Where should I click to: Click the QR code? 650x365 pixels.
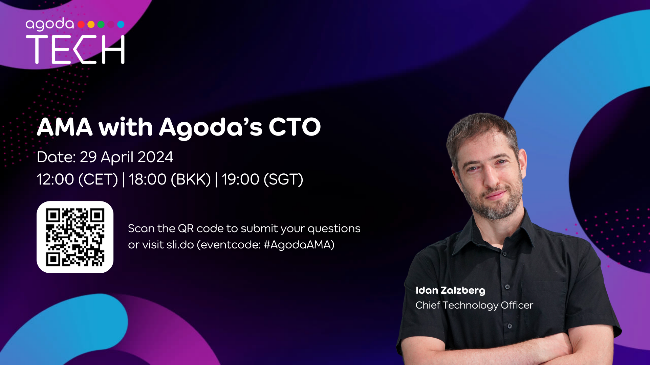click(x=75, y=237)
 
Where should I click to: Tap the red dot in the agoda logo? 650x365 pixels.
click(x=81, y=24)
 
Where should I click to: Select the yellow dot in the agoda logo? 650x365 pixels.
click(x=91, y=24)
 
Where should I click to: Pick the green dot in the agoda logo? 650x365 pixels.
click(x=101, y=24)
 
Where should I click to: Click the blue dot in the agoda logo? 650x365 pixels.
click(x=121, y=24)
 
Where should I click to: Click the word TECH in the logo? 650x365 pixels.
click(x=75, y=50)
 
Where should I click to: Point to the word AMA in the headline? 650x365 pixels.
click(x=65, y=127)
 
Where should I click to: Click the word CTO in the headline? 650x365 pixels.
click(x=295, y=127)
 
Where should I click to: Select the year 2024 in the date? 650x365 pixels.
click(x=155, y=157)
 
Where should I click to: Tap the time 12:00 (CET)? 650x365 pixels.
click(x=77, y=179)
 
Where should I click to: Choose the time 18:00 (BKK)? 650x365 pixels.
click(x=170, y=179)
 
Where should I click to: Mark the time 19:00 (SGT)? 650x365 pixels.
click(x=262, y=179)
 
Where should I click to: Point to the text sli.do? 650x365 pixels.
click(x=180, y=245)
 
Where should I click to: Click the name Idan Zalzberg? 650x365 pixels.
click(x=450, y=291)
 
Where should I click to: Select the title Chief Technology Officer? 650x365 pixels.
click(x=474, y=306)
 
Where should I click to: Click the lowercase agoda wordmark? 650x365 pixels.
click(x=49, y=24)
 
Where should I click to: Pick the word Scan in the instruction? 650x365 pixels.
click(x=141, y=229)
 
